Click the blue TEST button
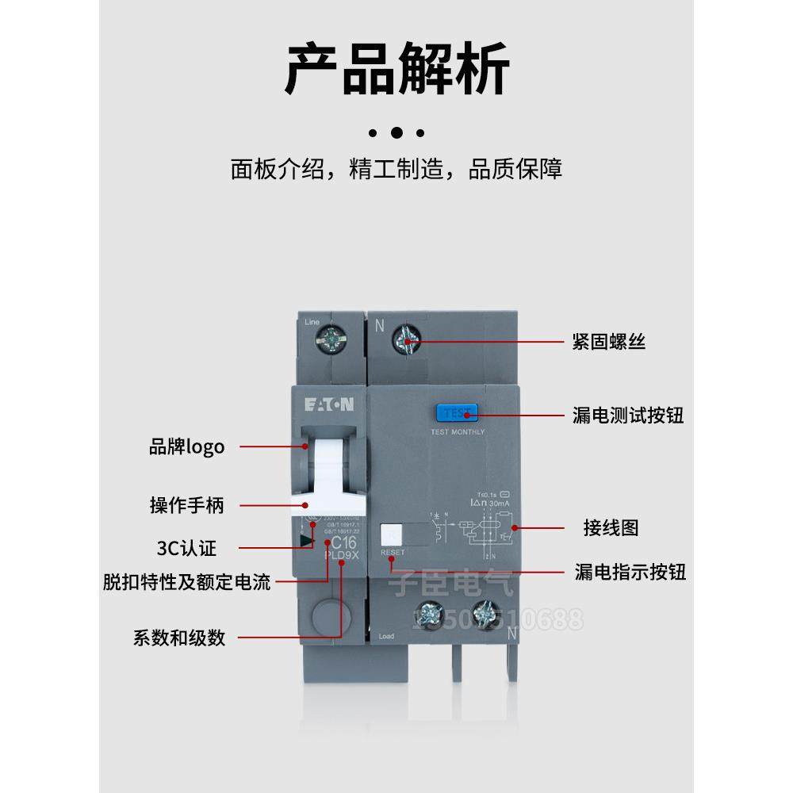click(x=456, y=412)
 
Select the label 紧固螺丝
click(x=608, y=342)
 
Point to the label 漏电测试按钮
click(x=627, y=415)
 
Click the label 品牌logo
click(x=186, y=447)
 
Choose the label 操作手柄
click(x=186, y=505)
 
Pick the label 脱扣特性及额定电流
click(x=186, y=583)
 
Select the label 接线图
click(x=611, y=527)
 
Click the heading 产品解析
click(x=396, y=71)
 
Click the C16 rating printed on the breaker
click(x=343, y=542)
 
